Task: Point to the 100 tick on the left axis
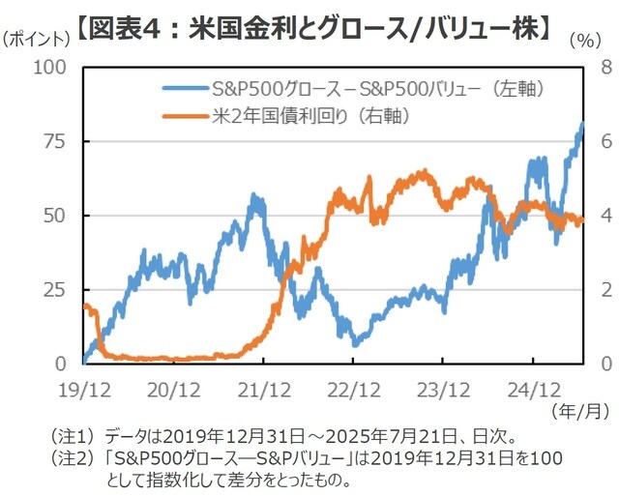click(x=51, y=67)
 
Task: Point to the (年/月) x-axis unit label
click(x=578, y=412)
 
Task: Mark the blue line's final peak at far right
click(x=582, y=124)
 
